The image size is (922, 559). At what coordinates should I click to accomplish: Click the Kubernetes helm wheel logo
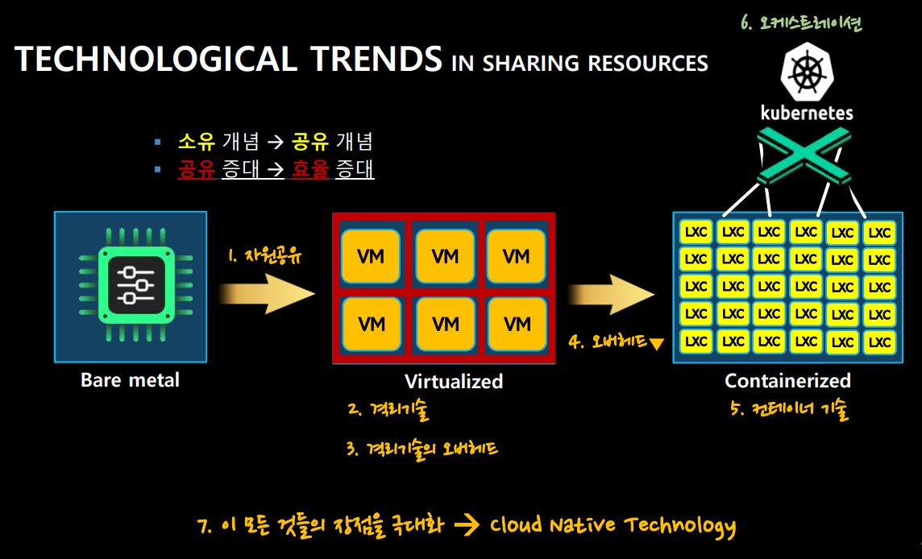coord(807,72)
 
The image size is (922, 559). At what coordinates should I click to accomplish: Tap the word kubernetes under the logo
coord(807,112)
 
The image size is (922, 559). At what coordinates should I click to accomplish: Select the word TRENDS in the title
coord(376,59)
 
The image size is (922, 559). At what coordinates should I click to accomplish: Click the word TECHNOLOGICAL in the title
coord(156,59)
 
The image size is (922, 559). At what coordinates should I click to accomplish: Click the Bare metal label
coord(130,379)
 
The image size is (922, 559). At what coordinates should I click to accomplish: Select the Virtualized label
coord(454,382)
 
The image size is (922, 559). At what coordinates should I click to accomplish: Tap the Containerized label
coord(788,381)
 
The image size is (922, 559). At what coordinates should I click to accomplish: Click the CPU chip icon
coord(136,285)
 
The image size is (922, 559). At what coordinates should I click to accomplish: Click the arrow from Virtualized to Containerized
coord(611,294)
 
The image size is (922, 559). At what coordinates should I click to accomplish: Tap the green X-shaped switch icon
coord(804,156)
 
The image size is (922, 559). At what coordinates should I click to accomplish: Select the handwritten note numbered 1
coord(264,255)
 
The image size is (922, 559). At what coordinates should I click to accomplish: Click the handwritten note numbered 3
coord(422,449)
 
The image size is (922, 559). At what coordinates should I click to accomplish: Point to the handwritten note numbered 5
coord(790,408)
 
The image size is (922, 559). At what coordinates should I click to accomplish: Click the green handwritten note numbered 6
coord(801,23)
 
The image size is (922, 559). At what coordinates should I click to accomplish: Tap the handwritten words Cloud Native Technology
coord(613,525)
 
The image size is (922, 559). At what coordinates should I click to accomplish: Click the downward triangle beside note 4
coord(657,344)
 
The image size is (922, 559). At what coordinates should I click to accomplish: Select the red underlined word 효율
coord(310,169)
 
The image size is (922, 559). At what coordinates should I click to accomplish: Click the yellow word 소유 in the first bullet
coord(197,142)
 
